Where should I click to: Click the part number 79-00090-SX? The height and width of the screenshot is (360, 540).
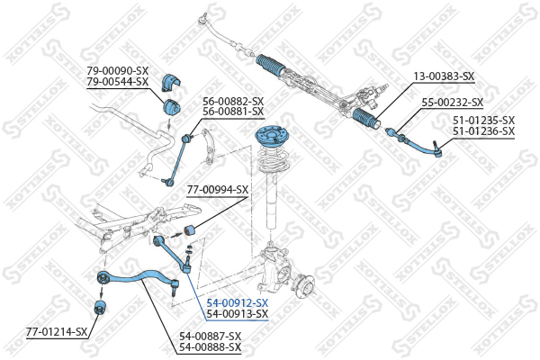(x=117, y=71)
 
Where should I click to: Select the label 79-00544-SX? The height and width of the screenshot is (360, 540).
(x=117, y=82)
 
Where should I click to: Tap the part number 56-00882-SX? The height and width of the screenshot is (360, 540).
(x=233, y=102)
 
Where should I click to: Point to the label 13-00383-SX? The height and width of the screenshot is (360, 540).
(x=444, y=76)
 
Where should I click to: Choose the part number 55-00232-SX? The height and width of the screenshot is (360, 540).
(x=453, y=103)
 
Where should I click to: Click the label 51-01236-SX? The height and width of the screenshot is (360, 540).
(x=483, y=131)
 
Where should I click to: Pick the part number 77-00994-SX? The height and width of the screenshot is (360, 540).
(x=218, y=190)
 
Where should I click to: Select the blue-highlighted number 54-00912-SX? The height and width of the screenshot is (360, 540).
(x=237, y=303)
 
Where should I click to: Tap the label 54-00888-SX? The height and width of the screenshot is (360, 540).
(x=210, y=346)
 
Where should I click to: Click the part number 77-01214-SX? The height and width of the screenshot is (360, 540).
(x=57, y=332)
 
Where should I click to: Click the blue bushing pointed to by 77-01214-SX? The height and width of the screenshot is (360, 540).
(x=100, y=307)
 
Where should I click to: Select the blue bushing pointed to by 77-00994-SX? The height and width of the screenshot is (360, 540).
(x=189, y=229)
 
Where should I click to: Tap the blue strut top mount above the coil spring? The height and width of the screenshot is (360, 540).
(x=271, y=135)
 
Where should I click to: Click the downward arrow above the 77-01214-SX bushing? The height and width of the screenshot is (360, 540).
(x=101, y=292)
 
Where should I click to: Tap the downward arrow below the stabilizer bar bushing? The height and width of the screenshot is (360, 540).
(x=168, y=124)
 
